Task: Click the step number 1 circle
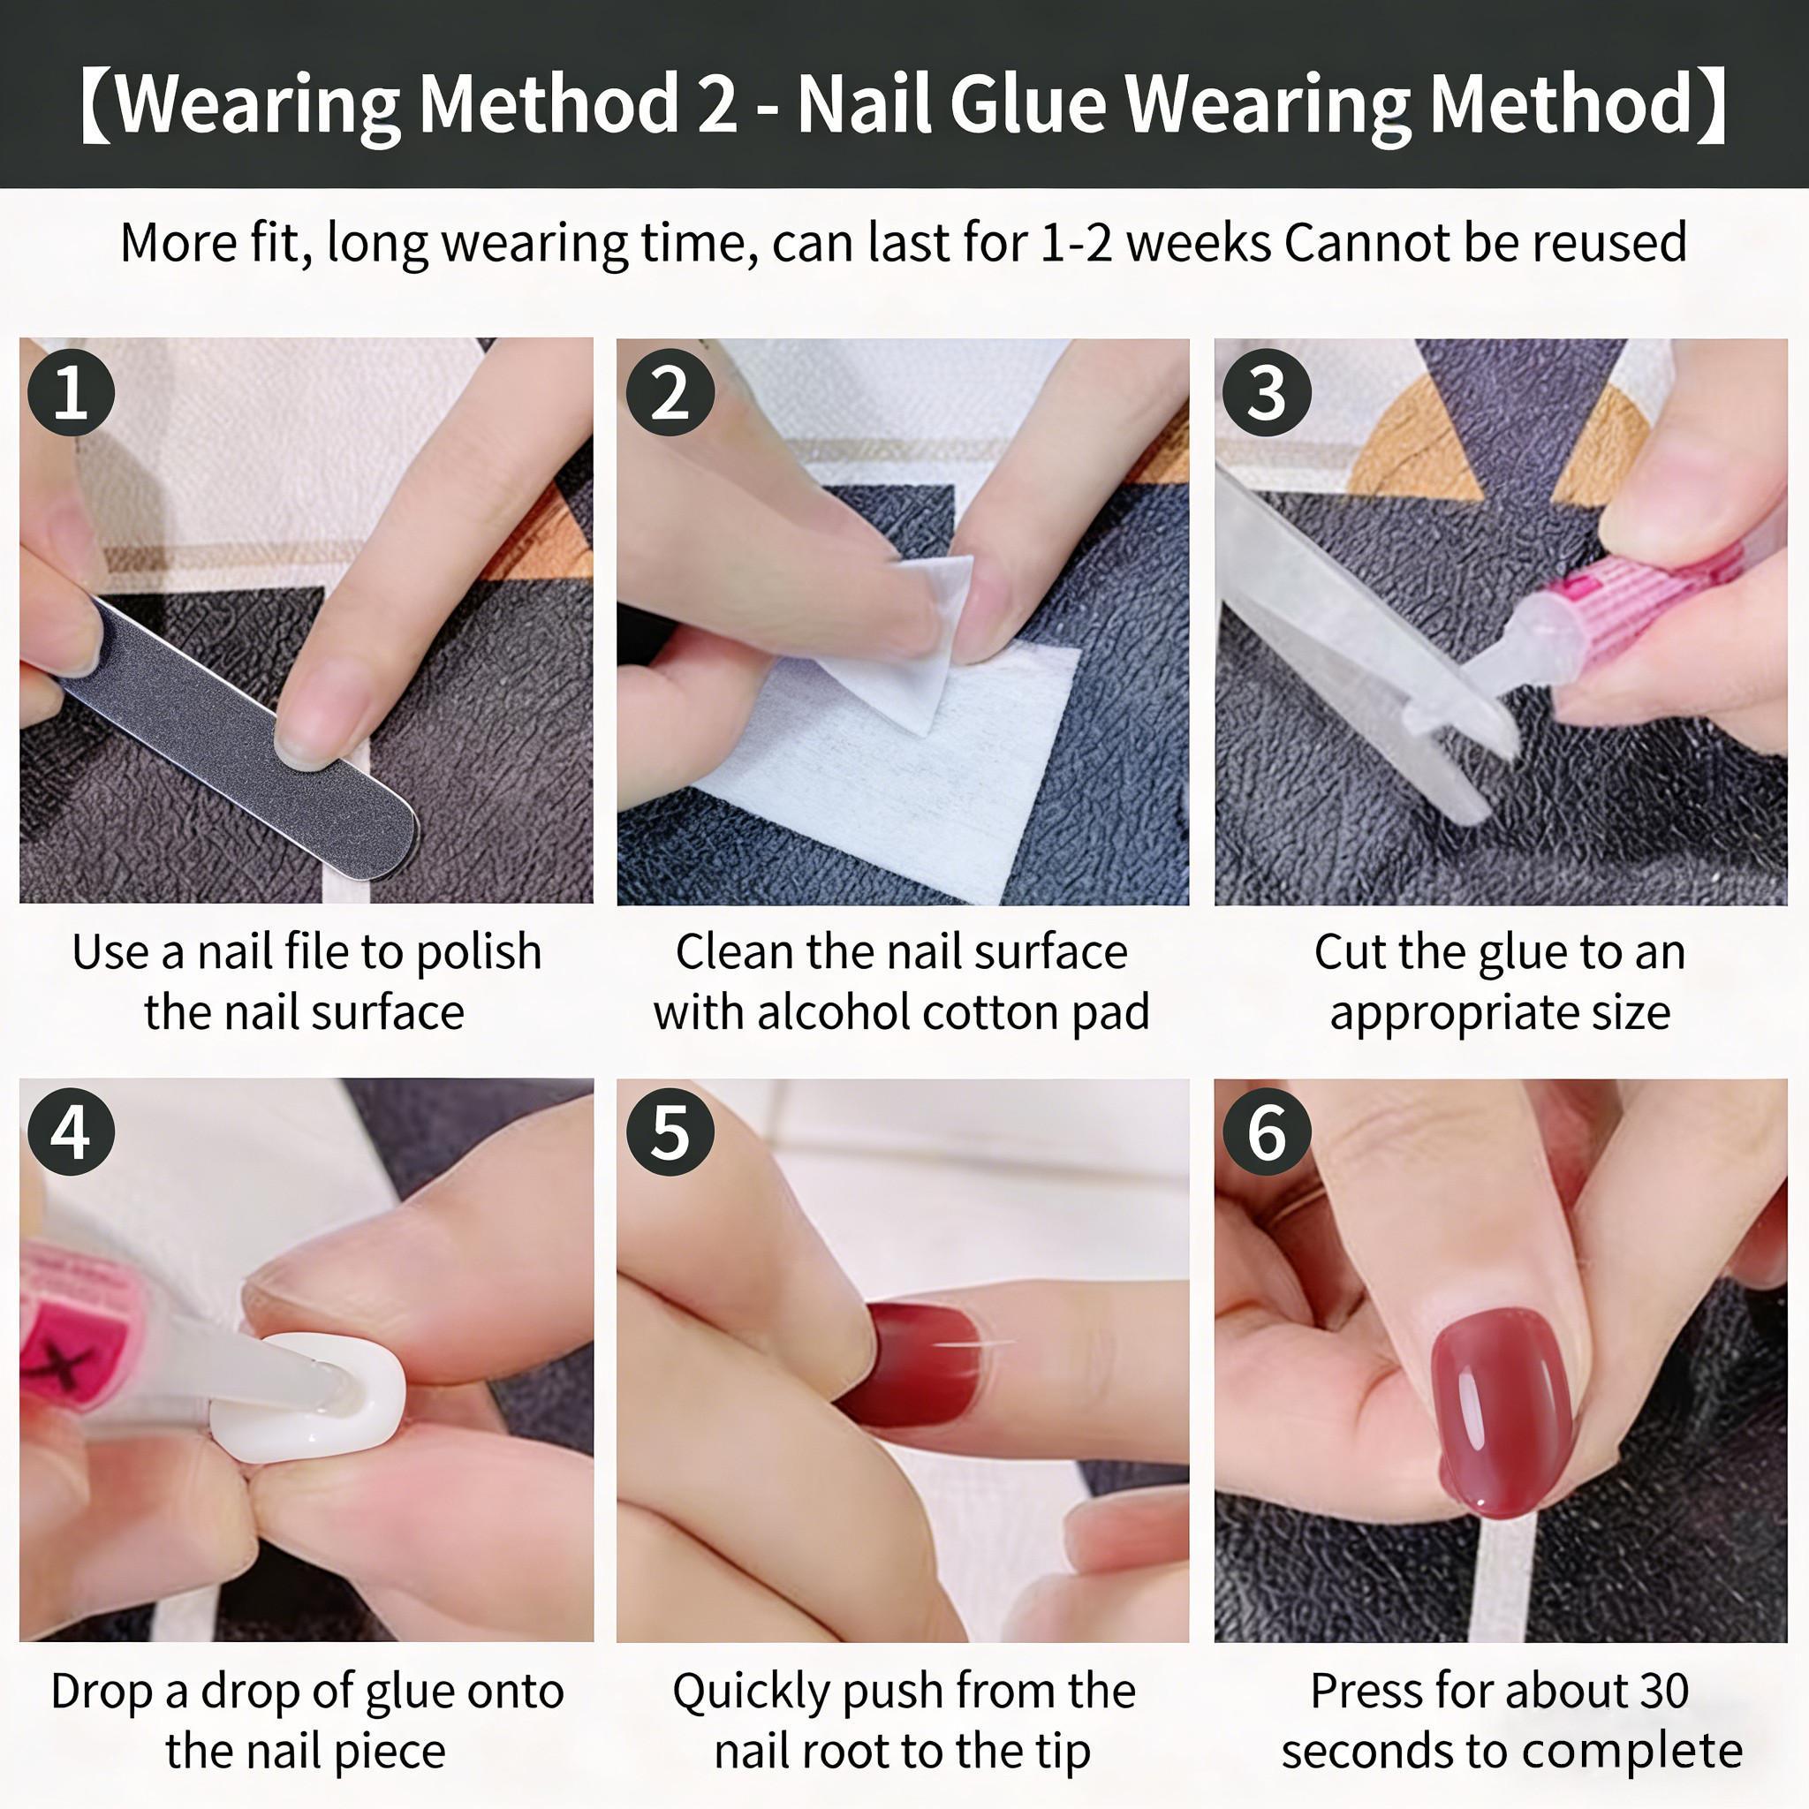click(x=72, y=392)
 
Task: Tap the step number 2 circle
click(x=670, y=392)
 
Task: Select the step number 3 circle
click(x=1267, y=392)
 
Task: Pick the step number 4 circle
click(x=72, y=1132)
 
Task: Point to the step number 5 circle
click(x=670, y=1132)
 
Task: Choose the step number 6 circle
click(x=1267, y=1132)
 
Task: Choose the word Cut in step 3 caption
click(x=1346, y=952)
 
